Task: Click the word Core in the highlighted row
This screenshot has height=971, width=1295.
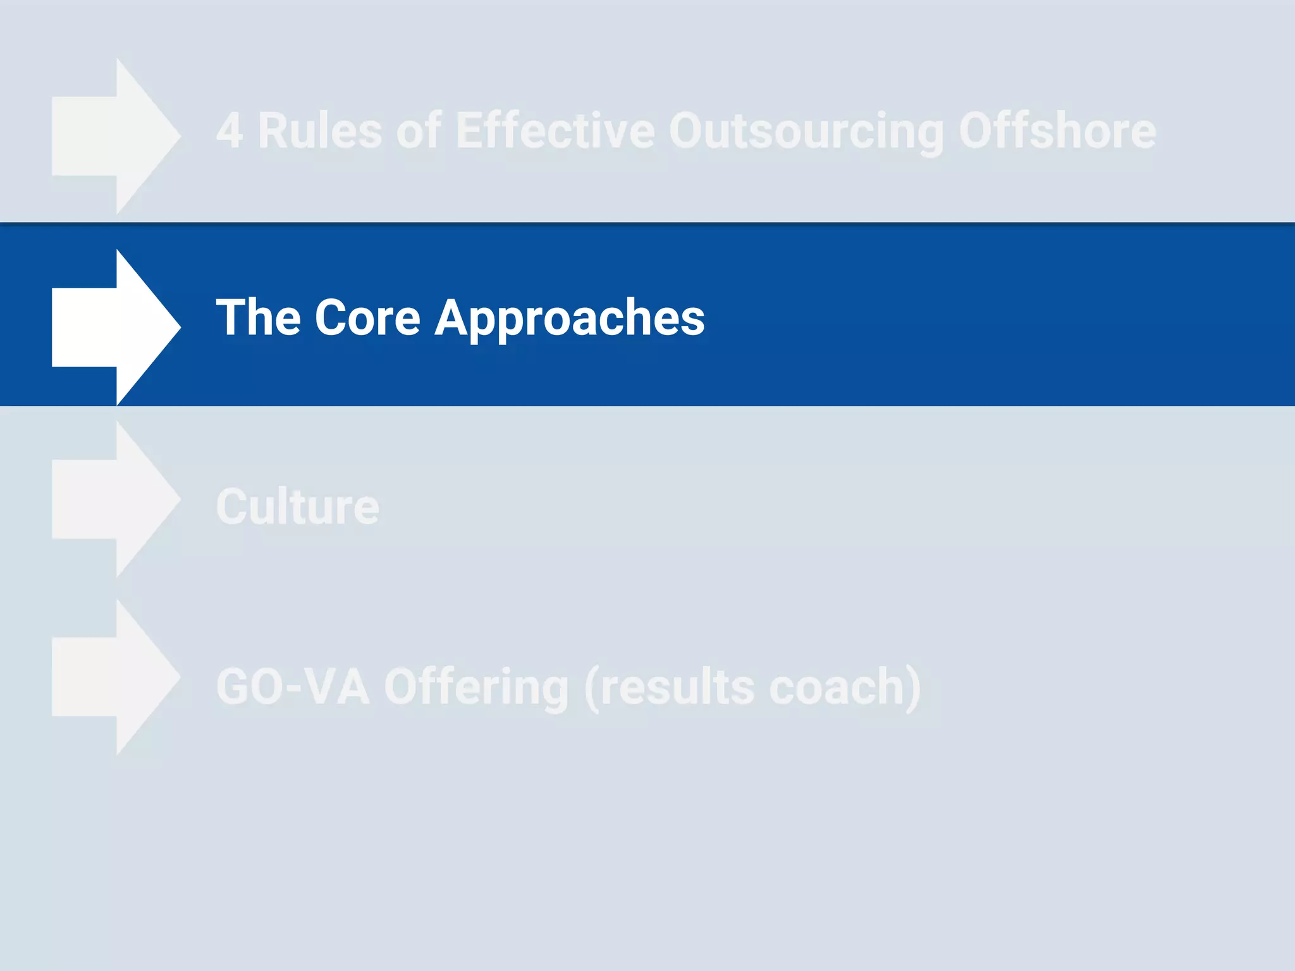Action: click(x=367, y=317)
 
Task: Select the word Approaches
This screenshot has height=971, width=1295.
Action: click(x=569, y=317)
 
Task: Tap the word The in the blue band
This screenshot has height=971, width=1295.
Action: click(x=258, y=317)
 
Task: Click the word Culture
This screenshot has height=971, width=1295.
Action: click(x=297, y=507)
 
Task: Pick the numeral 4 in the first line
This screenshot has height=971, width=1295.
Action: click(x=229, y=131)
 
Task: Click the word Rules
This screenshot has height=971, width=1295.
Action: click(x=319, y=131)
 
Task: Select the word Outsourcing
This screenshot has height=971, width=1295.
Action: click(x=806, y=131)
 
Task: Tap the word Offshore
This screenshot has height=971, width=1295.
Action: click(x=1057, y=131)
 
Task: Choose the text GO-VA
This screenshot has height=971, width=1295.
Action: click(x=293, y=687)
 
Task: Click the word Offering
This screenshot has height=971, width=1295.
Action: click(x=476, y=687)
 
